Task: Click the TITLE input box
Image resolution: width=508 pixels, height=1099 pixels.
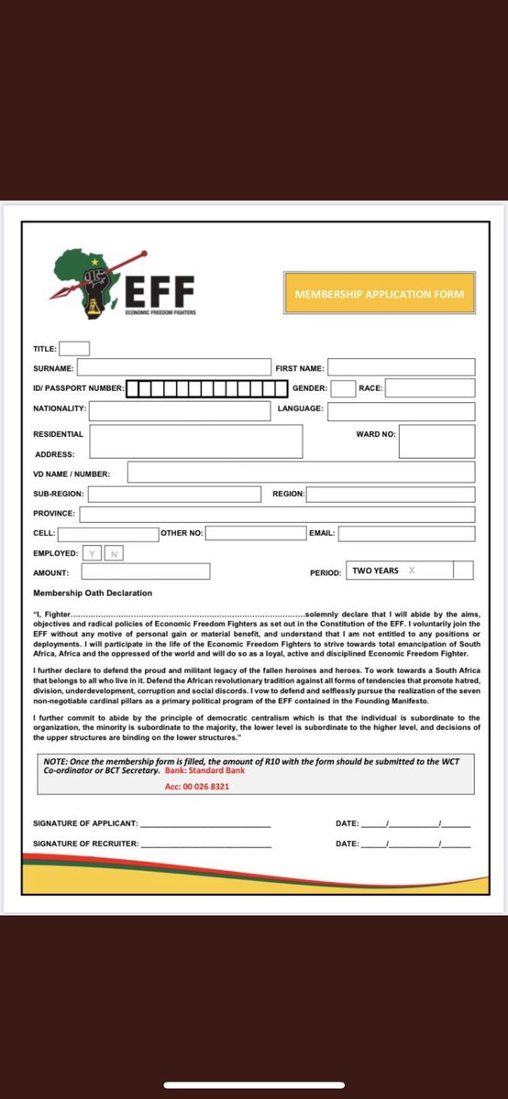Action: pyautogui.click(x=74, y=348)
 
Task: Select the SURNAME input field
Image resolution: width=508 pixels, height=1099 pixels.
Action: pyautogui.click(x=174, y=368)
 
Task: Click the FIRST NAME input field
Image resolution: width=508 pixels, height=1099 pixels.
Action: pyautogui.click(x=402, y=368)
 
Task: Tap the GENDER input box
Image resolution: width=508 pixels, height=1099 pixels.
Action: pyautogui.click(x=343, y=388)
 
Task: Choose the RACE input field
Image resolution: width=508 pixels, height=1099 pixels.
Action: pyautogui.click(x=430, y=388)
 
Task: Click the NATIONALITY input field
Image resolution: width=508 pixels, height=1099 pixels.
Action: pyautogui.click(x=180, y=411)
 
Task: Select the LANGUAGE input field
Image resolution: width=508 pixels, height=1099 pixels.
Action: pyautogui.click(x=401, y=411)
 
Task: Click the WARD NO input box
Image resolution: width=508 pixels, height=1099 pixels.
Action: pyautogui.click(x=436, y=441)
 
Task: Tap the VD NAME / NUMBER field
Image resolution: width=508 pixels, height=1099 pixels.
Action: pyautogui.click(x=301, y=473)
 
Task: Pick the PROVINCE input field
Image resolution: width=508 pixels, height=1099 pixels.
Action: pyautogui.click(x=277, y=514)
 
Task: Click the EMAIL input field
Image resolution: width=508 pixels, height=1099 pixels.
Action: pyautogui.click(x=406, y=533)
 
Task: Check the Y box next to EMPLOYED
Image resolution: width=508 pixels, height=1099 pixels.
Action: pyautogui.click(x=92, y=553)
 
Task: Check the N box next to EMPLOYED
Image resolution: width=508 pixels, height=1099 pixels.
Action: pyautogui.click(x=114, y=553)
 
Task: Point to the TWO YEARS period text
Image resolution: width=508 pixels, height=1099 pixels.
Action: pyautogui.click(x=375, y=571)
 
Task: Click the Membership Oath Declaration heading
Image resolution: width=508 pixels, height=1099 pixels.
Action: pyautogui.click(x=93, y=593)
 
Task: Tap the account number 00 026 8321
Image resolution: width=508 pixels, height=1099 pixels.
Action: pyautogui.click(x=184, y=787)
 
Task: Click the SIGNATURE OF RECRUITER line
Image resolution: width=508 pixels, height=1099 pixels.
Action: pyautogui.click(x=206, y=843)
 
